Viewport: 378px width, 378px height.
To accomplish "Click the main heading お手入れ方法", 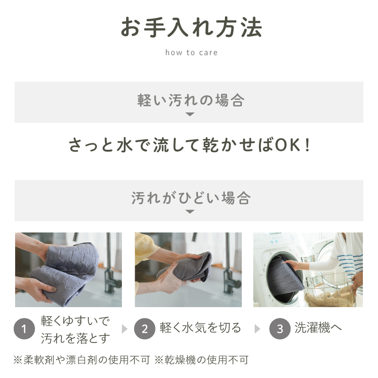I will [191, 27].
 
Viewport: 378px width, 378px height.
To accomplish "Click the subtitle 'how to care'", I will [191, 52].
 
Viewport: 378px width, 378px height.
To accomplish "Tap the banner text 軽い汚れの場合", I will [190, 100].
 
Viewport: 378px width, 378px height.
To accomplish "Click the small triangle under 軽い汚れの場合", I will [189, 115].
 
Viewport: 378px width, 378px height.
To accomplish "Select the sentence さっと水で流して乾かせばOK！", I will [189, 145].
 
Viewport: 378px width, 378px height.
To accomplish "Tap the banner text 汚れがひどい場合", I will [190, 198].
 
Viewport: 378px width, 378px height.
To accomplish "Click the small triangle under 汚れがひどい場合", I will [189, 212].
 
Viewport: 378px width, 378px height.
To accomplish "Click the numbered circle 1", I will [25, 329].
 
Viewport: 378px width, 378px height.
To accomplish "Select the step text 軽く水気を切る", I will [200, 328].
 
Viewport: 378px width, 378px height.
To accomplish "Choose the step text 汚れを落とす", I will [76, 338].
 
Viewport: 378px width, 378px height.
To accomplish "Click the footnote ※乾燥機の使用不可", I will [202, 360].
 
